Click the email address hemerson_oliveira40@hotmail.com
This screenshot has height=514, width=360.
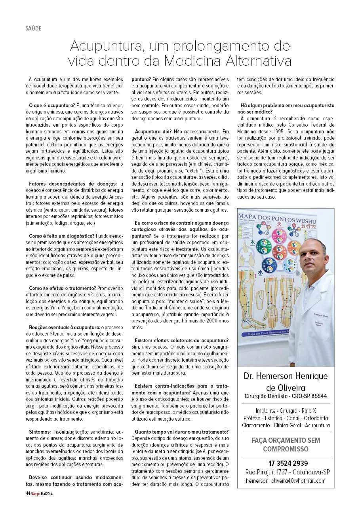pyautogui.click(x=286, y=480)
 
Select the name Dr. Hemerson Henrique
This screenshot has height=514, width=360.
pyautogui.click(x=286, y=376)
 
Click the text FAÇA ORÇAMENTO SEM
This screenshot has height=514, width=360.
pyautogui.click(x=286, y=440)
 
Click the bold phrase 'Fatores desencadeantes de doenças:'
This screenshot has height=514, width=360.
pyautogui.click(x=73, y=184)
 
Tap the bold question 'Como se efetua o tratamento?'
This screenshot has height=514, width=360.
pyautogui.click(x=63, y=288)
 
